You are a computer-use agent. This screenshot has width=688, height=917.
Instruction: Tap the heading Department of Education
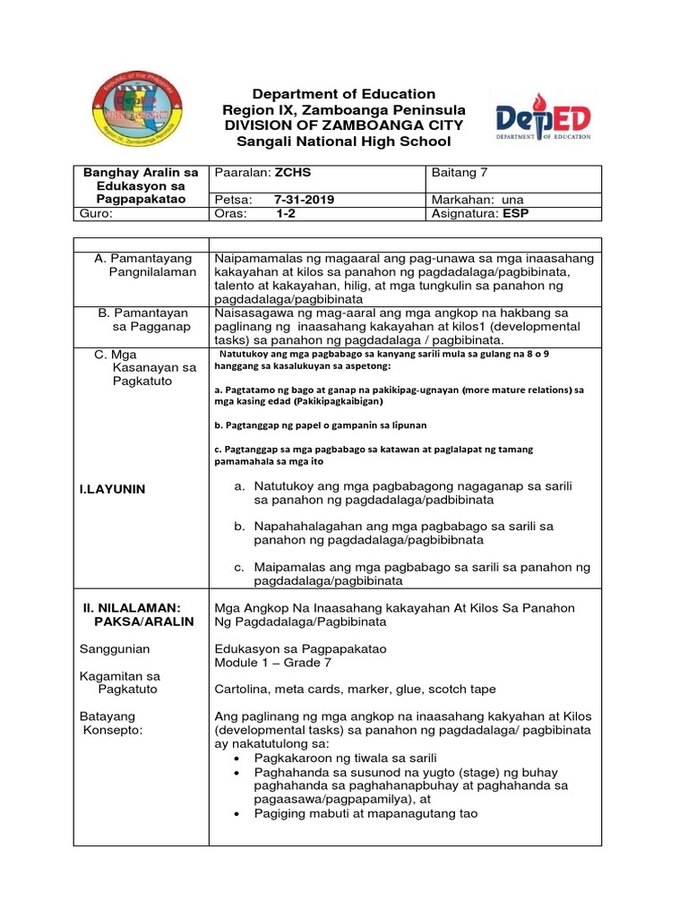[x=344, y=94]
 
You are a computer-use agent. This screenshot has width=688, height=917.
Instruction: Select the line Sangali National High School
[x=344, y=142]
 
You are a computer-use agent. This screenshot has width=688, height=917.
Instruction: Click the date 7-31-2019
[x=305, y=200]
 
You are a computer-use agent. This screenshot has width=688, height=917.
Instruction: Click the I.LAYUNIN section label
[x=113, y=489]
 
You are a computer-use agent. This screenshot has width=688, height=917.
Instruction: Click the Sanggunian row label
[x=116, y=648]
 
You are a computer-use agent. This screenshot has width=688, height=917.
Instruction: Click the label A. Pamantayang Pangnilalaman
[x=145, y=265]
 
